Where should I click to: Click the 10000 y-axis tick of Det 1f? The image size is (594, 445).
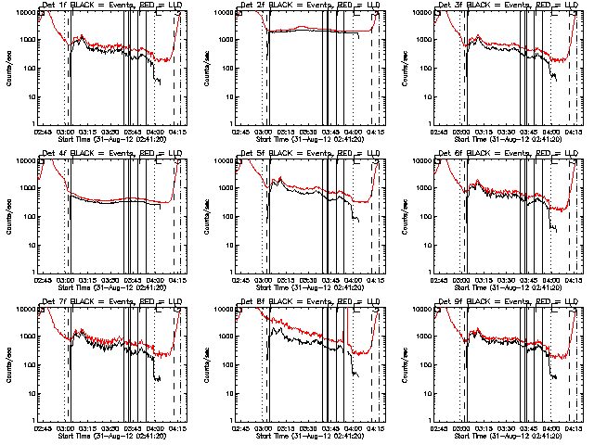(x=26, y=12)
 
